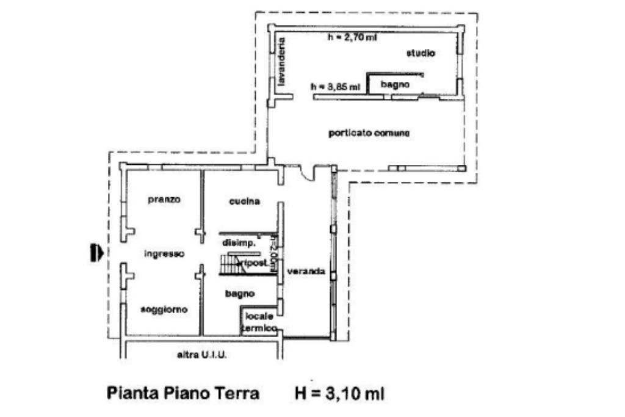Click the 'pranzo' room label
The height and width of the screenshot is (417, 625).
tap(164, 200)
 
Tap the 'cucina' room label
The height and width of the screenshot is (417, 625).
tap(245, 201)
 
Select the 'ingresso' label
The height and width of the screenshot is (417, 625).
tap(164, 254)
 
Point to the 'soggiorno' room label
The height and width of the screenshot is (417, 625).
tap(164, 310)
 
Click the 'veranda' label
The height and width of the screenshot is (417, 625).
tap(306, 271)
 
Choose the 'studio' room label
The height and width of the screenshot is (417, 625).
tap(421, 54)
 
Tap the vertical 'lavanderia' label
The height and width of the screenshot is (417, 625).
tap(281, 63)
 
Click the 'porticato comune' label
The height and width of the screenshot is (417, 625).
tap(369, 133)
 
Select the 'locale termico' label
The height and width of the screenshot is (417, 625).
tap(259, 322)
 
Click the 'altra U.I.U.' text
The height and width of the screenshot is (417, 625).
tap(201, 355)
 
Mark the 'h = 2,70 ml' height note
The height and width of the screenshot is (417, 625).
tap(352, 37)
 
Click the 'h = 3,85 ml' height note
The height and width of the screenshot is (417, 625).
tap(335, 87)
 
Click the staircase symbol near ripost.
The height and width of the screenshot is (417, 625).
tap(230, 264)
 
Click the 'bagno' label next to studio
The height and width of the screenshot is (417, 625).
tap(395, 84)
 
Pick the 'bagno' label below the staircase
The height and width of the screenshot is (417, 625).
tap(239, 294)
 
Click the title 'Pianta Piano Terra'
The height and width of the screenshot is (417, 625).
tap(183, 393)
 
